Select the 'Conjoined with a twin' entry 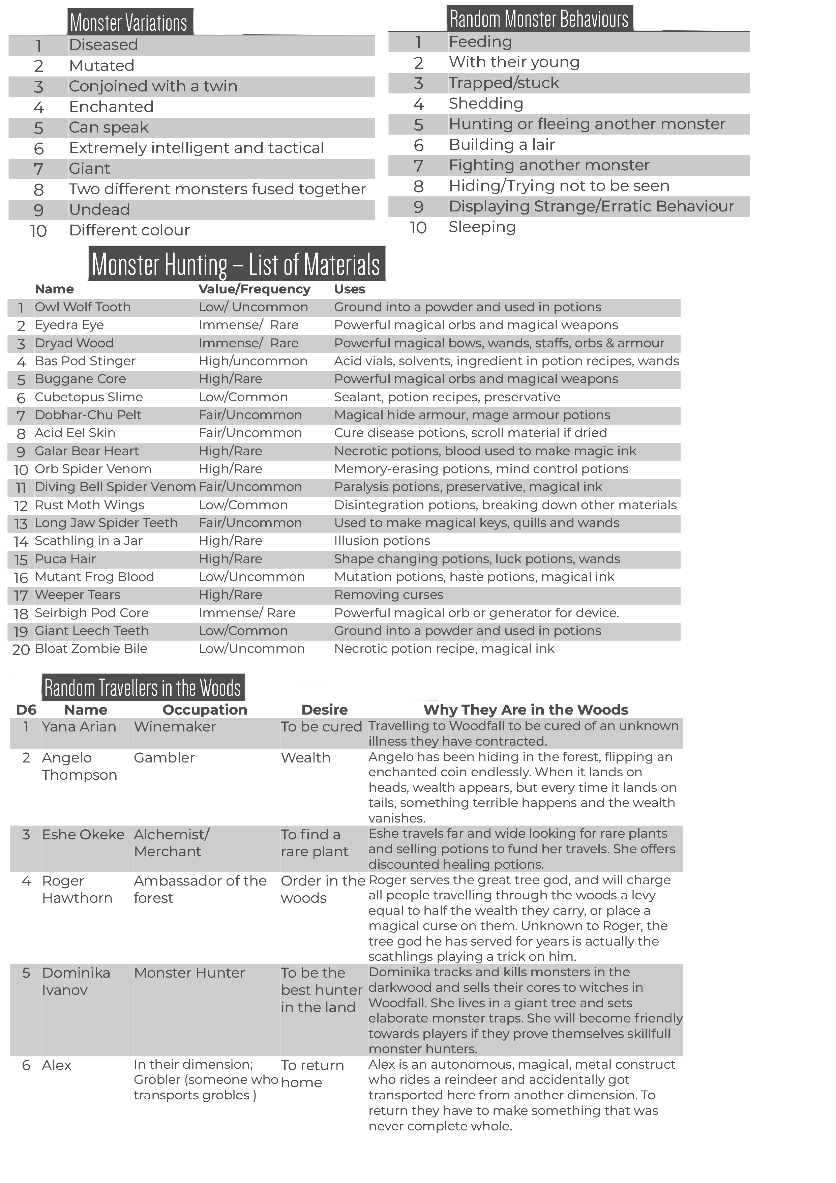[x=153, y=86]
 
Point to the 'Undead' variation [x=99, y=210]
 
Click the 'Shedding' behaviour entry [x=486, y=104]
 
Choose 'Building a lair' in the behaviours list [x=502, y=145]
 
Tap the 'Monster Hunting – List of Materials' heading [x=236, y=264]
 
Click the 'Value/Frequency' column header [x=255, y=289]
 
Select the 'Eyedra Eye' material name [x=69, y=325]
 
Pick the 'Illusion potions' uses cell [x=382, y=541]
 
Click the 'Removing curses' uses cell [x=388, y=595]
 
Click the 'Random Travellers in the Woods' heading [x=143, y=688]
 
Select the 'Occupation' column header [x=205, y=710]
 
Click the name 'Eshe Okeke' [x=83, y=835]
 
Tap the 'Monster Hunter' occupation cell [x=189, y=973]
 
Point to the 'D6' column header [x=26, y=710]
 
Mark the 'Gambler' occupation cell [x=164, y=758]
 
